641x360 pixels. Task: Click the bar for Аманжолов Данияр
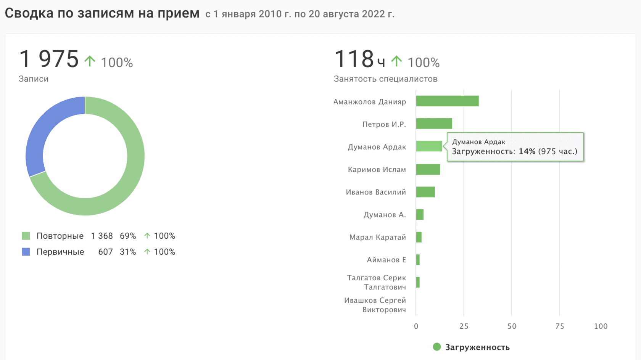447,101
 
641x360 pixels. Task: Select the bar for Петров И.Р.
434,124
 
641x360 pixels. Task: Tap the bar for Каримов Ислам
428,169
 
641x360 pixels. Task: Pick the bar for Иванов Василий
425,192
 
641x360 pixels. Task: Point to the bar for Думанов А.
420,215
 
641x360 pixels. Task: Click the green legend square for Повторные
26,236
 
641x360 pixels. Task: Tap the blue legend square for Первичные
26,252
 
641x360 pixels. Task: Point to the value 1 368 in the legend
102,236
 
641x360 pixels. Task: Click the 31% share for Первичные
128,252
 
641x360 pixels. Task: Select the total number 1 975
49,59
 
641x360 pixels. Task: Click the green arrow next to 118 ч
396,61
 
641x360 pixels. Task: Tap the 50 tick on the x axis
512,326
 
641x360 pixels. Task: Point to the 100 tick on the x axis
601,326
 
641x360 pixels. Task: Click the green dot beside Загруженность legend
437,347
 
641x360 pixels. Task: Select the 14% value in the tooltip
527,151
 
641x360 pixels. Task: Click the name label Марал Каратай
377,237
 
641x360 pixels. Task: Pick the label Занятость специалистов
385,79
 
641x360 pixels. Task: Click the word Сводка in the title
29,13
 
